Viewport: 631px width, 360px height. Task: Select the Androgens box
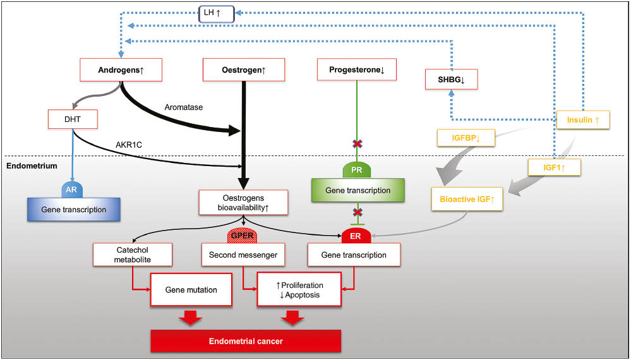121,69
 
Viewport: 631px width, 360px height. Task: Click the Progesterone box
357,69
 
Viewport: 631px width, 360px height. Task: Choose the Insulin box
583,119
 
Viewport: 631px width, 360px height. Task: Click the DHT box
72,118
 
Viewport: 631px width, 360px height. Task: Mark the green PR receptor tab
357,171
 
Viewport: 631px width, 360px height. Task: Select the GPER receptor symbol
244,236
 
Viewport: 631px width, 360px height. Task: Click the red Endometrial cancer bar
246,341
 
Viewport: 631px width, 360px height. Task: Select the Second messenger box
243,255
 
